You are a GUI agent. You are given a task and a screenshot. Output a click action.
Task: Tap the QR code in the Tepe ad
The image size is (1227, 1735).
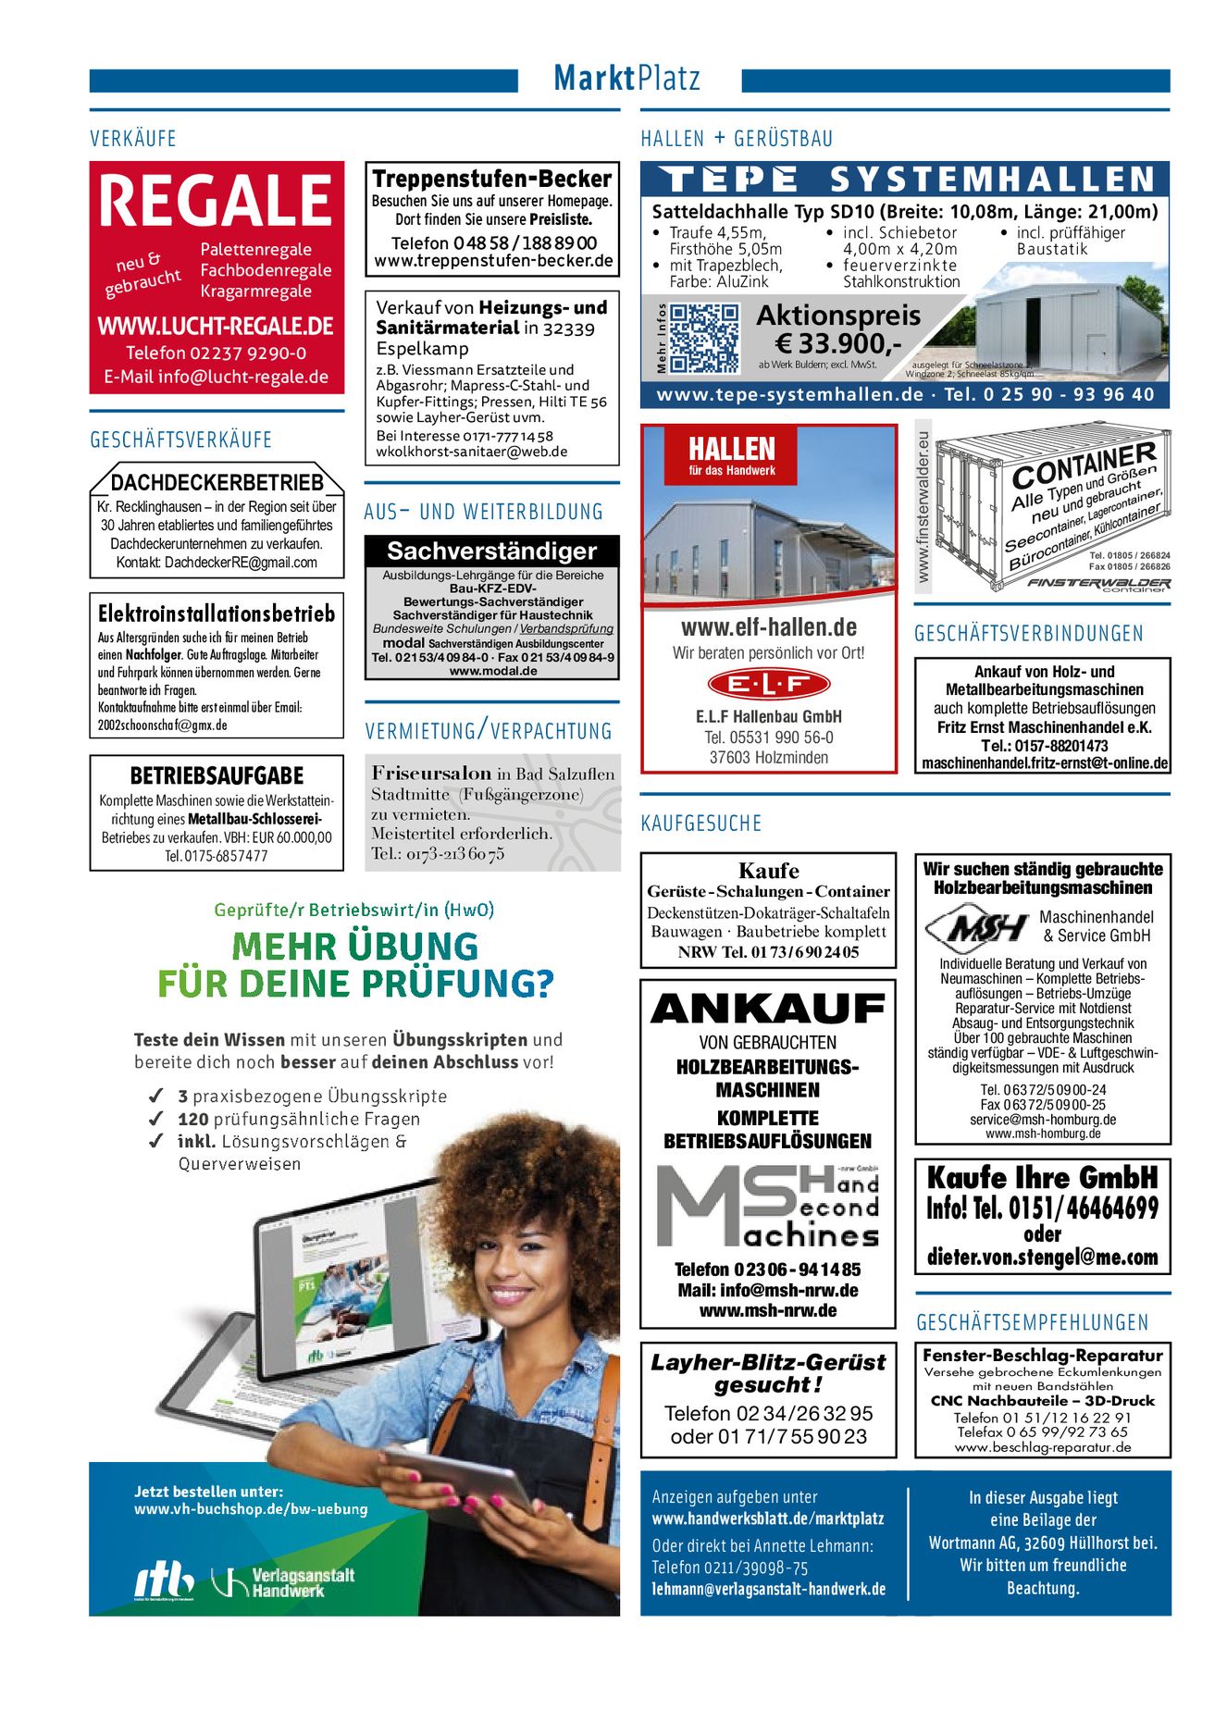(703, 339)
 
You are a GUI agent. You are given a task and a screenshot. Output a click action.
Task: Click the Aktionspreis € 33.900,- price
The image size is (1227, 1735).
(838, 330)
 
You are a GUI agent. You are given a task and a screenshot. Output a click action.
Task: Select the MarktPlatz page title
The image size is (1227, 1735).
(627, 78)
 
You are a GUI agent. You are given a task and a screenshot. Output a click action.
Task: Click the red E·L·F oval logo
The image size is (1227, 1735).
(768, 685)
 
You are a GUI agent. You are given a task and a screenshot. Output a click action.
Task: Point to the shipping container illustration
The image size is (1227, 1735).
(1052, 514)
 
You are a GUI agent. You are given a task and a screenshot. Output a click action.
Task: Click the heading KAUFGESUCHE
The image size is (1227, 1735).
(700, 824)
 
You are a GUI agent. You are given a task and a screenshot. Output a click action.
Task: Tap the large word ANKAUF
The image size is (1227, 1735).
(768, 1009)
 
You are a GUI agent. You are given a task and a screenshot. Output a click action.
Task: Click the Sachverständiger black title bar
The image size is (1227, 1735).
(491, 551)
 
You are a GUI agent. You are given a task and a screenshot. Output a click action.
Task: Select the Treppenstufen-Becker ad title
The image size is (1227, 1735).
(491, 179)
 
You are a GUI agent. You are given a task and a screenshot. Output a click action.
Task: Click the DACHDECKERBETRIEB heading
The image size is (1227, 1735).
(217, 483)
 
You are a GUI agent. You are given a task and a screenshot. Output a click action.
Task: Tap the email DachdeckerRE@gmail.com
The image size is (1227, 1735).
(241, 563)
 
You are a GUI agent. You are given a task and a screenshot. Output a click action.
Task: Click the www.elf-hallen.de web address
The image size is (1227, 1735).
(768, 627)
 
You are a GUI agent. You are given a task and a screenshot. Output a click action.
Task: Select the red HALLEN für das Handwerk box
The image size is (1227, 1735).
(732, 455)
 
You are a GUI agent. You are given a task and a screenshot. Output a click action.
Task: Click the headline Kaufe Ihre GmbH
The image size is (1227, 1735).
(1042, 1178)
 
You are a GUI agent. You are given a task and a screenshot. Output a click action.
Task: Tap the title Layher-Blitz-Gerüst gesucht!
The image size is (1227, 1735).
(768, 1373)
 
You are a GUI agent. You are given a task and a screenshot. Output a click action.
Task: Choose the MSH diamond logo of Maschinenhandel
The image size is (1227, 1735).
(976, 927)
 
